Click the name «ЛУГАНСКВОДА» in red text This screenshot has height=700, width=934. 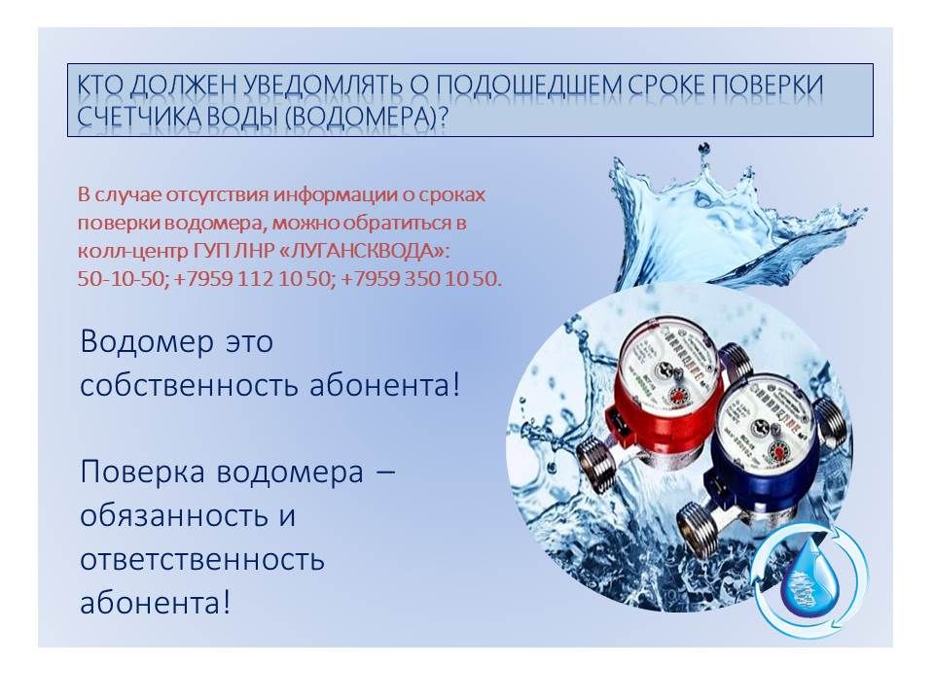pos(363,251)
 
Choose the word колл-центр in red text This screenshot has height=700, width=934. pos(132,251)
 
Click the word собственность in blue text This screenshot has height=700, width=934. pos(190,385)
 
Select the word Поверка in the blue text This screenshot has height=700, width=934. pos(143,472)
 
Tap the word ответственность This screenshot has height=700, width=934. pos(202,560)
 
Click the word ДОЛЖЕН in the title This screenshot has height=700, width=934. pos(181,86)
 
